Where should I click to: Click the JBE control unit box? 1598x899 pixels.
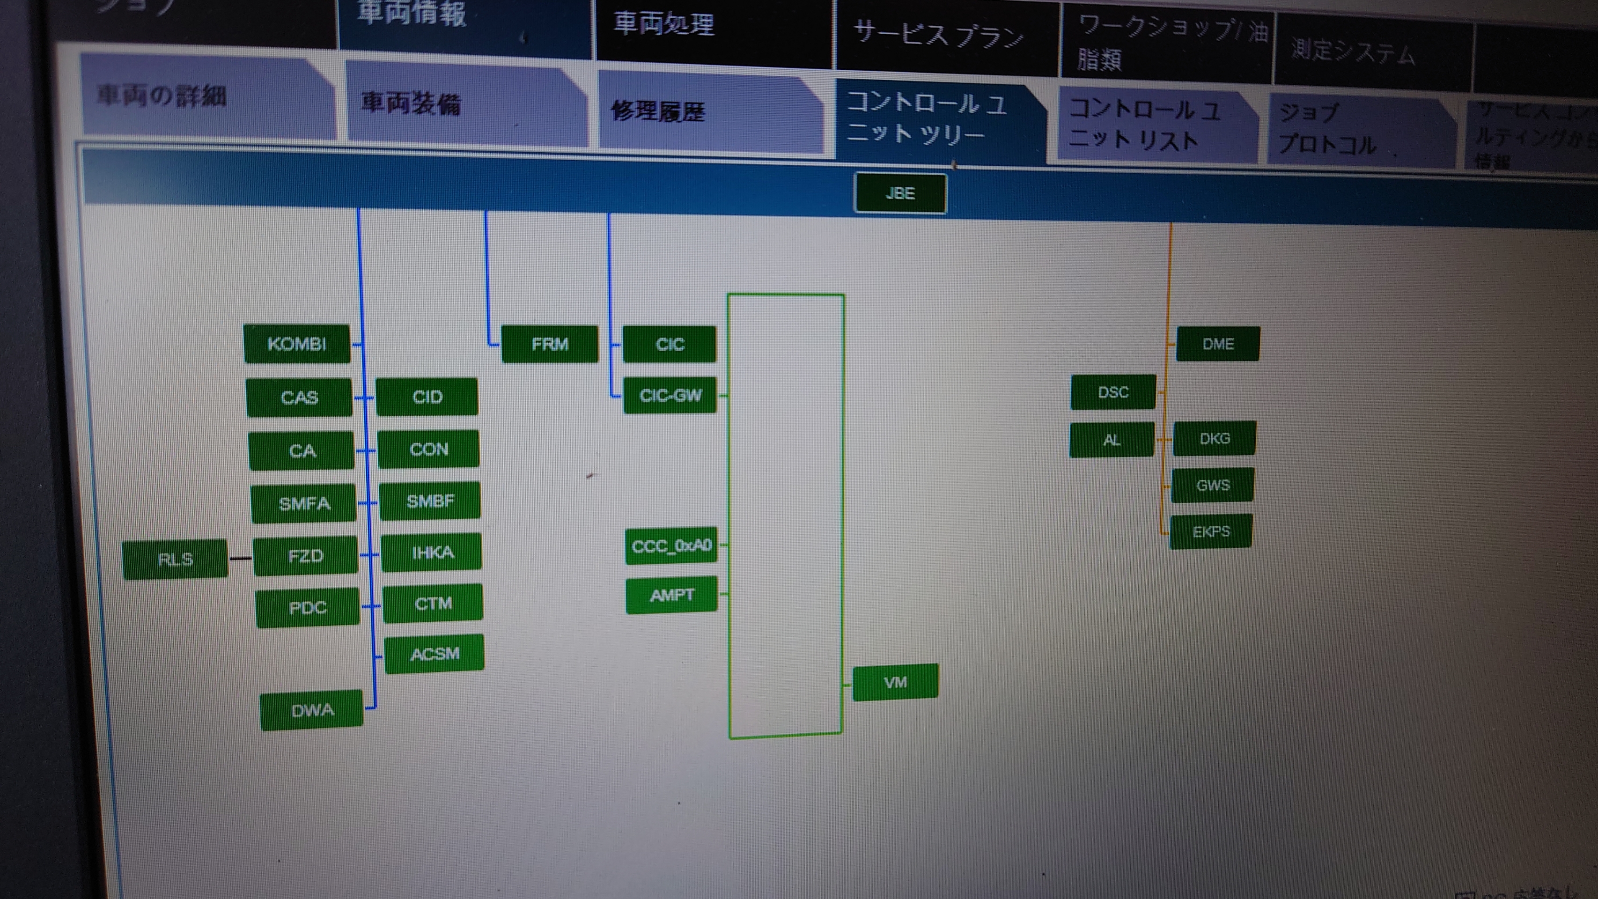(900, 193)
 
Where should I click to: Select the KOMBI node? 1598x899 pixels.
(296, 344)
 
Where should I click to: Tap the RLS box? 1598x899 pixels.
(176, 559)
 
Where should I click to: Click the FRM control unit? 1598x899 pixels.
(550, 344)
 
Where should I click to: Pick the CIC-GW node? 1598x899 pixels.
(670, 395)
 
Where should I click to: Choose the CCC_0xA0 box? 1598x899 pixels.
(671, 546)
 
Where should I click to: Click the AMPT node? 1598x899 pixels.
(672, 595)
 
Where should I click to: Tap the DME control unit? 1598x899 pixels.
(1218, 344)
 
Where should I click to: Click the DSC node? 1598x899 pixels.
(1113, 392)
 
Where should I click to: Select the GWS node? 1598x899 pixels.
(1213, 485)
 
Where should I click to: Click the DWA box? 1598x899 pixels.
(312, 710)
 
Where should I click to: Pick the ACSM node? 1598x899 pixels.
(434, 653)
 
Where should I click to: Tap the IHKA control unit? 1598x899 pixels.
(432, 552)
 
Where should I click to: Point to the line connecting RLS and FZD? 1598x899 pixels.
(240, 559)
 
